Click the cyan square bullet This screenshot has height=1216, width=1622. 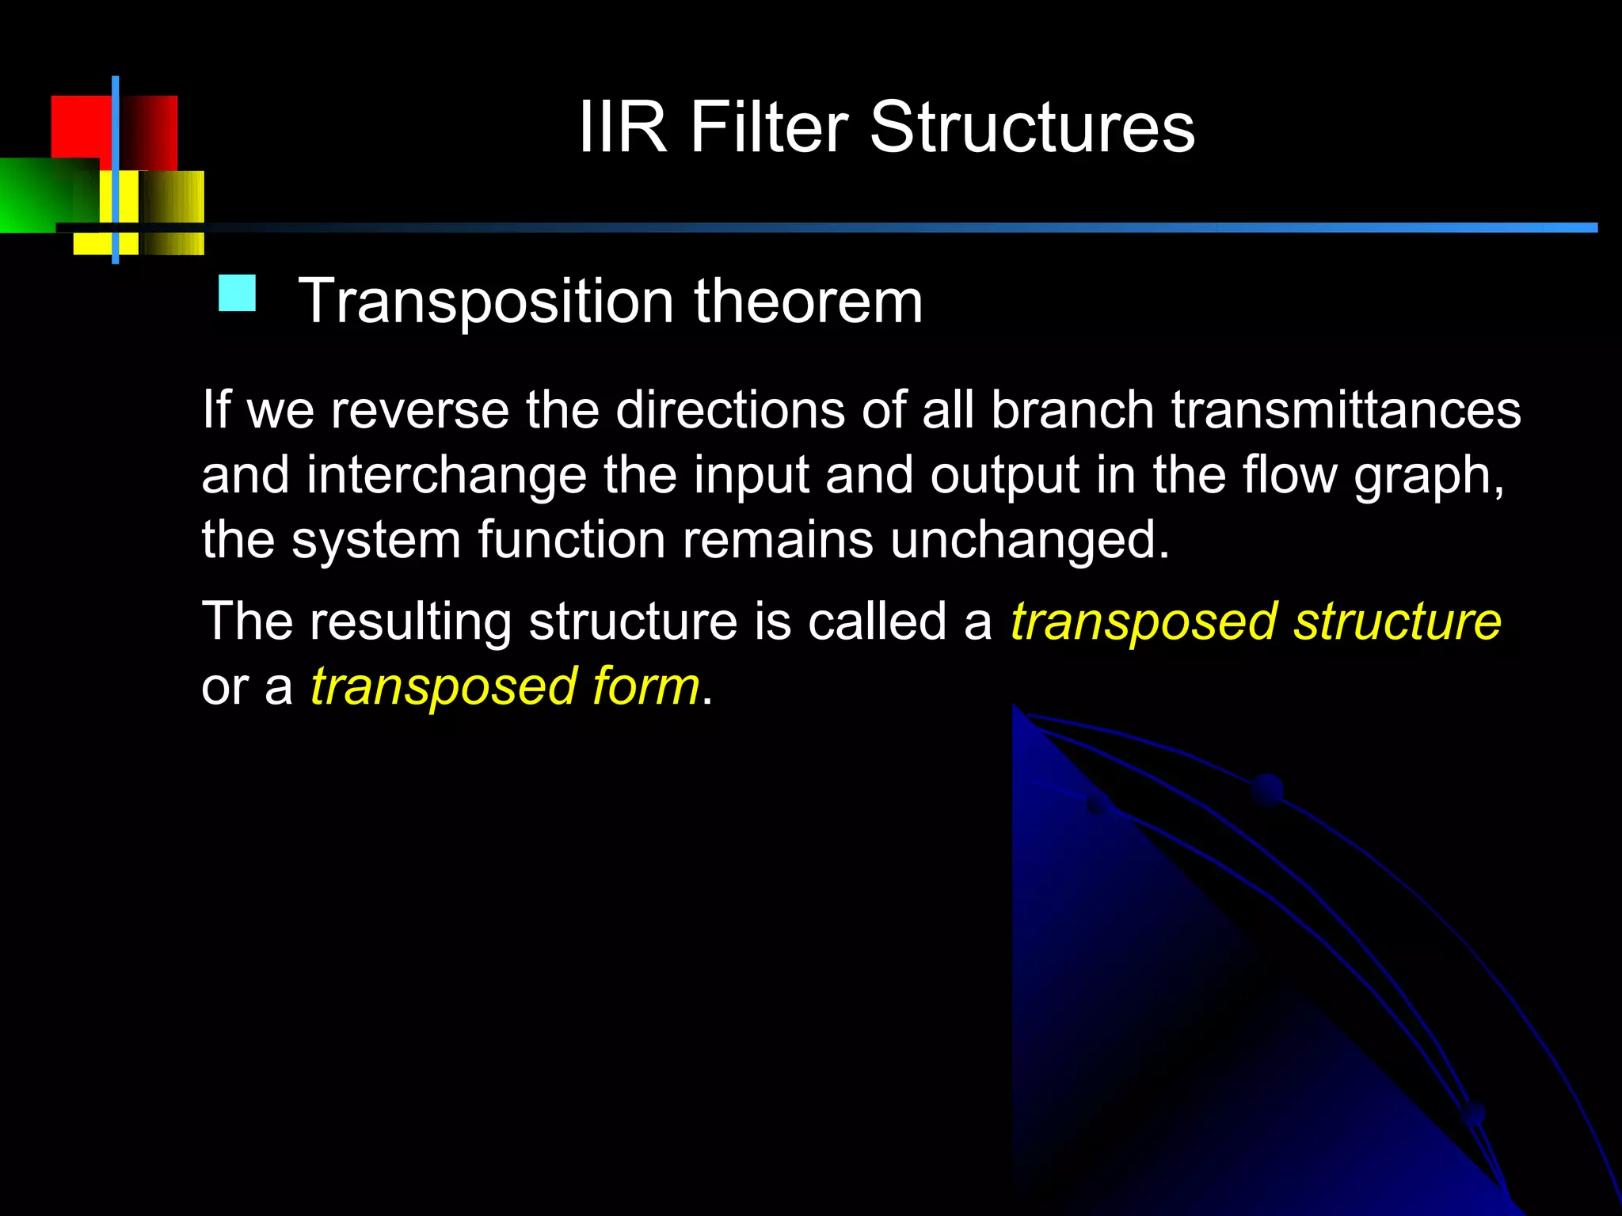tap(237, 293)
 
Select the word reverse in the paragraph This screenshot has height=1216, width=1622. tap(420, 410)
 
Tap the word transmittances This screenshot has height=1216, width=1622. tap(1346, 410)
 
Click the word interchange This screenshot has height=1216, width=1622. tap(447, 475)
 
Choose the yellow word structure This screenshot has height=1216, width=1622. tap(1397, 622)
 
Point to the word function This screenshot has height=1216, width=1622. tap(571, 540)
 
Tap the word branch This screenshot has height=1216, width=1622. tap(1072, 410)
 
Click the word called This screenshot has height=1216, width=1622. tap(877, 621)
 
